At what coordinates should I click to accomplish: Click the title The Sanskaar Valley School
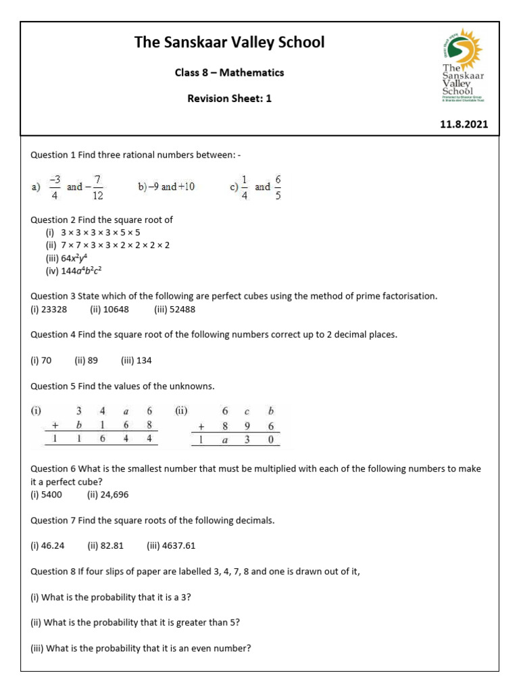(x=229, y=43)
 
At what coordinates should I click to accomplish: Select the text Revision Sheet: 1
(x=229, y=98)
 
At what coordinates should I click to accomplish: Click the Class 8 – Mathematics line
(x=229, y=72)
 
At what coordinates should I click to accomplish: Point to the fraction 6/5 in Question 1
(x=278, y=187)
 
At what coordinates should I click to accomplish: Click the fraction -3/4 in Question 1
(x=55, y=187)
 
